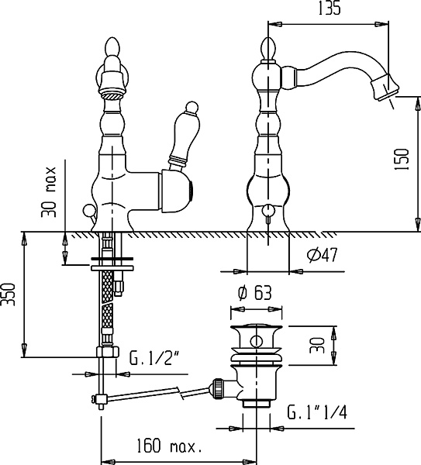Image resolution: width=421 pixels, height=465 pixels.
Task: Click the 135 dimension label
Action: pos(330,9)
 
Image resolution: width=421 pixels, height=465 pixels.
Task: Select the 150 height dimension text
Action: pos(402,159)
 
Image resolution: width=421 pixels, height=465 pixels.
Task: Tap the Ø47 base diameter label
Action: pos(323,255)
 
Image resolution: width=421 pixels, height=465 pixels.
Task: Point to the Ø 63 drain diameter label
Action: pos(255,293)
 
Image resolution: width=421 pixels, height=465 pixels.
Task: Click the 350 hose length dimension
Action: pos(8,294)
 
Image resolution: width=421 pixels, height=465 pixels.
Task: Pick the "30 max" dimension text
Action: pos(49,192)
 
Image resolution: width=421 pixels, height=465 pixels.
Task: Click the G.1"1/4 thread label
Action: pos(317,412)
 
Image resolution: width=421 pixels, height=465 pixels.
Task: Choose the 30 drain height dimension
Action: pos(317,345)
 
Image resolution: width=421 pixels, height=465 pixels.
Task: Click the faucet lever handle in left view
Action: pos(182,136)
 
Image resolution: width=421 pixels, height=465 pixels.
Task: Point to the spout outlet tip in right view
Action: pos(385,88)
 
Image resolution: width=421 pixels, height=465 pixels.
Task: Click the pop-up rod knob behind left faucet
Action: pos(88,211)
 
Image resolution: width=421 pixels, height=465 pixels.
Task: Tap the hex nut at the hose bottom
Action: pos(108,352)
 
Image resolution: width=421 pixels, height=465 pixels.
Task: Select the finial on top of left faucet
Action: pos(112,47)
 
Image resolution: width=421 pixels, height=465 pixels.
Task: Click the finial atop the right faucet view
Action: pos(268,48)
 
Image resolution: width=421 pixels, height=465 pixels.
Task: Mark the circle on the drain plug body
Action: pos(256,341)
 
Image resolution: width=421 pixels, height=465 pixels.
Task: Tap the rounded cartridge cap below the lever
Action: pos(177,191)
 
